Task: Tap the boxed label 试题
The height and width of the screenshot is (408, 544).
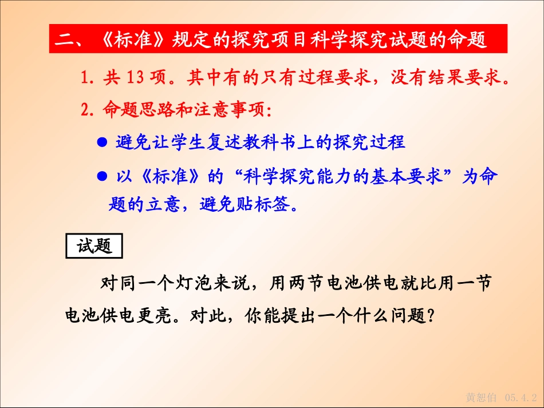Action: [x=94, y=246]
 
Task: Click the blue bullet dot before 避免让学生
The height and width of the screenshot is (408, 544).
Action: [x=103, y=142]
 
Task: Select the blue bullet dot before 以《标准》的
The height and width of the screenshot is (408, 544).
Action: [x=103, y=177]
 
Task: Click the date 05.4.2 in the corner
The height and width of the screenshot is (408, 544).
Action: [x=521, y=397]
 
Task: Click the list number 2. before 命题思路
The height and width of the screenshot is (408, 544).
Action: [x=87, y=110]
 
